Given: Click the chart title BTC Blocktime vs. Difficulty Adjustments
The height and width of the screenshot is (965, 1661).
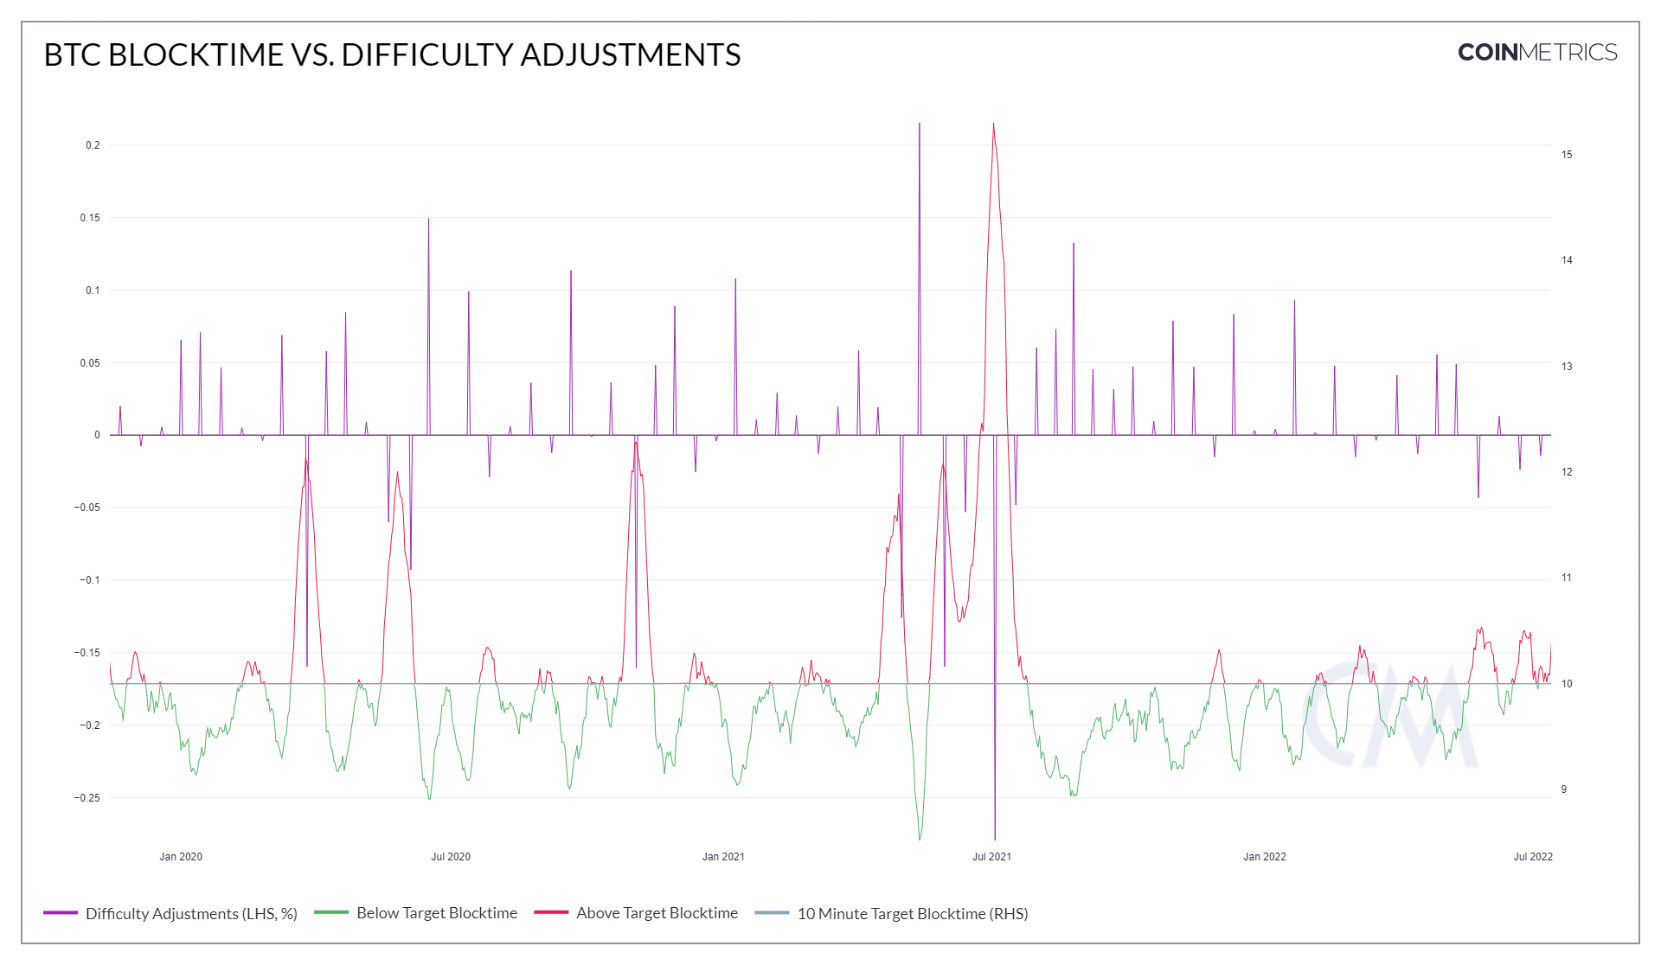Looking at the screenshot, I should click(392, 54).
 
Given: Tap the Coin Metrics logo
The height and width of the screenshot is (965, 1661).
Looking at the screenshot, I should click(1536, 53).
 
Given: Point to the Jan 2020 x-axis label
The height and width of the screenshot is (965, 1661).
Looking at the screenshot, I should click(181, 857).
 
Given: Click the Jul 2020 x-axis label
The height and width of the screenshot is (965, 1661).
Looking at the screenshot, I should click(451, 857).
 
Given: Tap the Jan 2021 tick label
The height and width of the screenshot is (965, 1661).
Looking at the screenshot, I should click(723, 857).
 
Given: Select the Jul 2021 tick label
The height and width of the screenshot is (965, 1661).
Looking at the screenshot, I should click(991, 857).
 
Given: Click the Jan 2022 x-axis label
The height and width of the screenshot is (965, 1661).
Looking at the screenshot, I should click(1265, 857).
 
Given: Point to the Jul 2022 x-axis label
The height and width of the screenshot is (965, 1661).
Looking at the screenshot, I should click(1533, 857).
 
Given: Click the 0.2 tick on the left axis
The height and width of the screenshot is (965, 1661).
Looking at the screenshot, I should click(93, 145).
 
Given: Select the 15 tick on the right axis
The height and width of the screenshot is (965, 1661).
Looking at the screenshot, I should click(1567, 155).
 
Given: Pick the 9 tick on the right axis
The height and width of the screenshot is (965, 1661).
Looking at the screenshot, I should click(1564, 789).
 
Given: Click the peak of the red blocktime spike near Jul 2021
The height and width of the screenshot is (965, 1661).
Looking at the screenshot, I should click(993, 124).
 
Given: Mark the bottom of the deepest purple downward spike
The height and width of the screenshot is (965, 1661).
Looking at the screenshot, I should click(995, 839).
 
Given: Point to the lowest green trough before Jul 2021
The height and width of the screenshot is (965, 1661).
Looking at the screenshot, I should click(920, 839).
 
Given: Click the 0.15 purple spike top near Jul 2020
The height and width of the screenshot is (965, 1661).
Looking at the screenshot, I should click(428, 219).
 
